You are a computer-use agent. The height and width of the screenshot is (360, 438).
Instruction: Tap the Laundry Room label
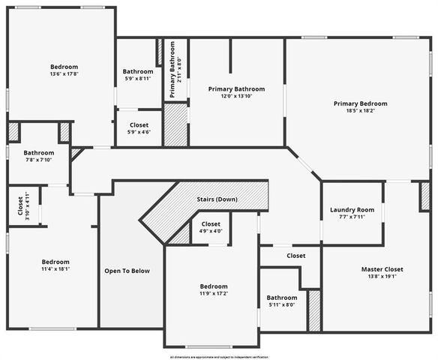(x=352, y=210)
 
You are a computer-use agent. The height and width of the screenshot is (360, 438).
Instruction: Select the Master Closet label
(x=361, y=269)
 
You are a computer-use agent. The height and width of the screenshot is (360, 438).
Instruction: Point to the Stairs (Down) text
(x=217, y=199)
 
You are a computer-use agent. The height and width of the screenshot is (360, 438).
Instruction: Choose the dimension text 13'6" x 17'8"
(x=64, y=73)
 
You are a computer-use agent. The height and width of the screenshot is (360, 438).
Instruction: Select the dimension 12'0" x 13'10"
(x=236, y=96)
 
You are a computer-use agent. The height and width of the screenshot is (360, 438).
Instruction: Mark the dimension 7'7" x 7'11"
(x=352, y=217)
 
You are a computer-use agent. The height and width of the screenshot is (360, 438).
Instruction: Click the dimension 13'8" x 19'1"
(x=361, y=277)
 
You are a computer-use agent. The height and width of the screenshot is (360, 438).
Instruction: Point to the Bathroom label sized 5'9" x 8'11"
(x=138, y=72)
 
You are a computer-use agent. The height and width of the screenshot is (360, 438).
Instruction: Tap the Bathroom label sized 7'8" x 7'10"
(x=38, y=152)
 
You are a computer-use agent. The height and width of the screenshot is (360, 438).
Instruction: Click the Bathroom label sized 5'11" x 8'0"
(x=282, y=297)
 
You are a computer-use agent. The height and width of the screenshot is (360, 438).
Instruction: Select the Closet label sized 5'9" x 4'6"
(x=139, y=124)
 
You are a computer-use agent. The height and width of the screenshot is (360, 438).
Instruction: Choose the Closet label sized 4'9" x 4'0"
(x=211, y=224)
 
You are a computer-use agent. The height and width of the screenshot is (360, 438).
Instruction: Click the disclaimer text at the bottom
(x=218, y=357)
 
